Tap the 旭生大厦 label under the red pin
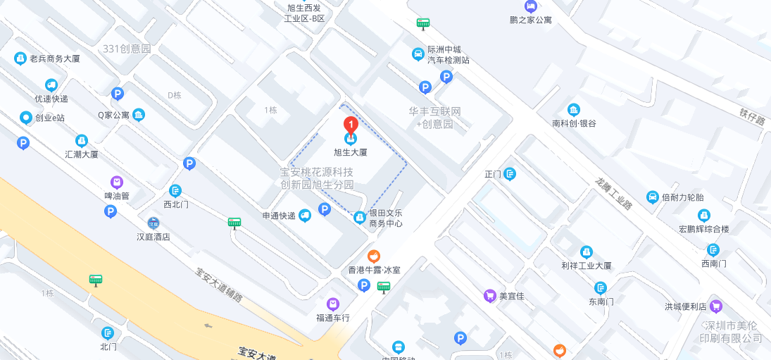350,151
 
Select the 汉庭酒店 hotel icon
153,223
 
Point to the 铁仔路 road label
751,116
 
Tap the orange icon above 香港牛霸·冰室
375,256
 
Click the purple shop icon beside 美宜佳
489,296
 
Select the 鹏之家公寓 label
531,20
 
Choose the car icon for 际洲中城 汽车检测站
418,53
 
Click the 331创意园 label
127,49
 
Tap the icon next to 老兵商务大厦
20,58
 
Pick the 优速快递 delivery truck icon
51,85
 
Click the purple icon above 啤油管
117,182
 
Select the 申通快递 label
279,216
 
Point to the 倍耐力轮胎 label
683,197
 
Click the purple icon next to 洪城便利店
716,306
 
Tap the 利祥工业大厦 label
586,266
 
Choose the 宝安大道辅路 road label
219,285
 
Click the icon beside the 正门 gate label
510,174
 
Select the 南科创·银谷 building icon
574,109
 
